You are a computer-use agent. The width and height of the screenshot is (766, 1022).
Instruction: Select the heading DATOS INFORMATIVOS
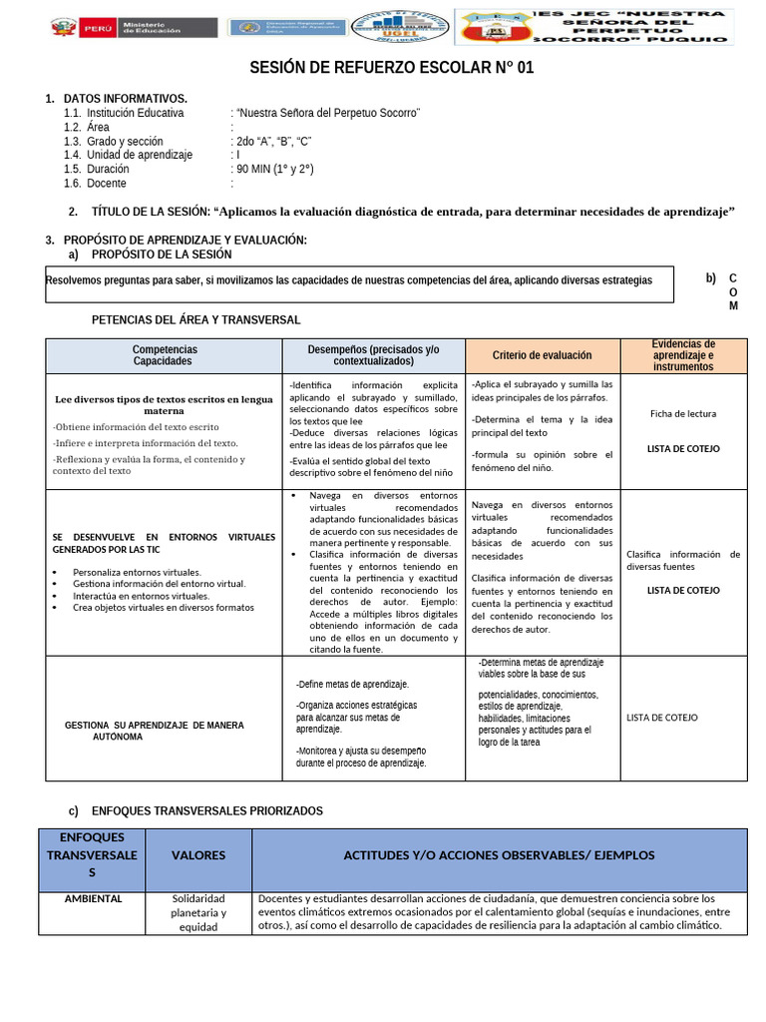(x=125, y=99)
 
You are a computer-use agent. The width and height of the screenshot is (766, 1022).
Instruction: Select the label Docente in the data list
(x=107, y=184)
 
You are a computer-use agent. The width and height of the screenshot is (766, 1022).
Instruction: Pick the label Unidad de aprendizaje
(x=139, y=156)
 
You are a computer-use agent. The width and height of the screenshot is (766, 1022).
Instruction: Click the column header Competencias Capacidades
(x=165, y=355)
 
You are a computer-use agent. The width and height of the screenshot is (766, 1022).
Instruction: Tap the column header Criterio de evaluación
(x=542, y=355)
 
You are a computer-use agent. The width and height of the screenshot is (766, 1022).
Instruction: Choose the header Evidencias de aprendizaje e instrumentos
(x=684, y=355)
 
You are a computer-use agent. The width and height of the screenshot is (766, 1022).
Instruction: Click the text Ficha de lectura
(x=683, y=413)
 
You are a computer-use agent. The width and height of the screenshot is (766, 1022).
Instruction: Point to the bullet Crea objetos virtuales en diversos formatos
(x=163, y=607)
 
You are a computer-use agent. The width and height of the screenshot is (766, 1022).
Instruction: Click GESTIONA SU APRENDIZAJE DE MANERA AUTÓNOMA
(x=154, y=731)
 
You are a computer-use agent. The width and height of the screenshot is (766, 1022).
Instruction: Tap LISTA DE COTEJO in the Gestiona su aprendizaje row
(x=662, y=718)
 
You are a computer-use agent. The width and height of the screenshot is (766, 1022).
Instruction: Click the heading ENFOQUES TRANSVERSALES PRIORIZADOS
(x=206, y=810)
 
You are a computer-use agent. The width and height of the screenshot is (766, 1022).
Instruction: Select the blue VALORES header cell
(x=198, y=855)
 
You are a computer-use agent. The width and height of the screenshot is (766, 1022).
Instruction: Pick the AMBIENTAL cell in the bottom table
(x=93, y=898)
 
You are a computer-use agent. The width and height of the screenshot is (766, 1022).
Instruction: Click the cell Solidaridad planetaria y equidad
(x=198, y=912)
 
